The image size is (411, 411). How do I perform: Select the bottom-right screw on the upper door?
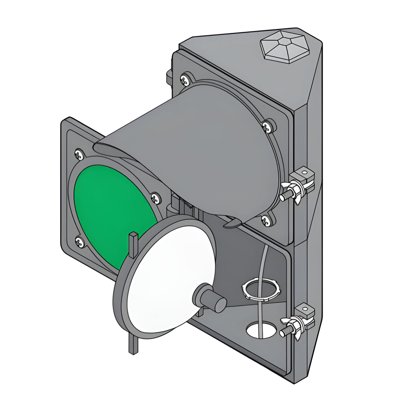tap(265, 220)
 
